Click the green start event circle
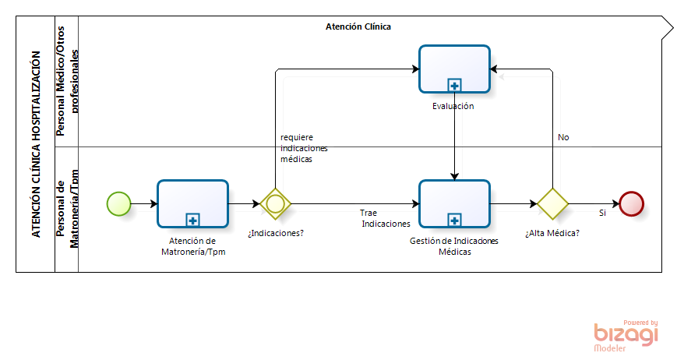coord(118,203)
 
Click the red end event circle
coord(631,203)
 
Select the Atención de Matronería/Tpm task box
coord(192,203)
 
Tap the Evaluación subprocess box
coord(454,69)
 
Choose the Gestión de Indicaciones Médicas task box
coord(454,203)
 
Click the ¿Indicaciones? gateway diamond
coord(275,203)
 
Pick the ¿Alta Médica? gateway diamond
coord(552,203)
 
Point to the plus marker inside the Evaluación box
coord(454,86)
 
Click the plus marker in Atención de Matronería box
coord(192,221)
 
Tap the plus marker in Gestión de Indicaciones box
coord(454,221)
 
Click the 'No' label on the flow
coord(563,137)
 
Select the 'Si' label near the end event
coord(602,213)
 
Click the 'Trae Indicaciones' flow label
coord(385,218)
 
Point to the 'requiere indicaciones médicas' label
coord(304,148)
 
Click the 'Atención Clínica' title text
coord(358,26)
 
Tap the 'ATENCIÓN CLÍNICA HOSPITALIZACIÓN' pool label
coord(37,144)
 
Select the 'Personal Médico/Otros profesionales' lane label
coord(67,81)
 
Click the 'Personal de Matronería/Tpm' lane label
coord(67,209)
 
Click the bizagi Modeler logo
coord(626,336)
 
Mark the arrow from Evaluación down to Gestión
coord(454,136)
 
